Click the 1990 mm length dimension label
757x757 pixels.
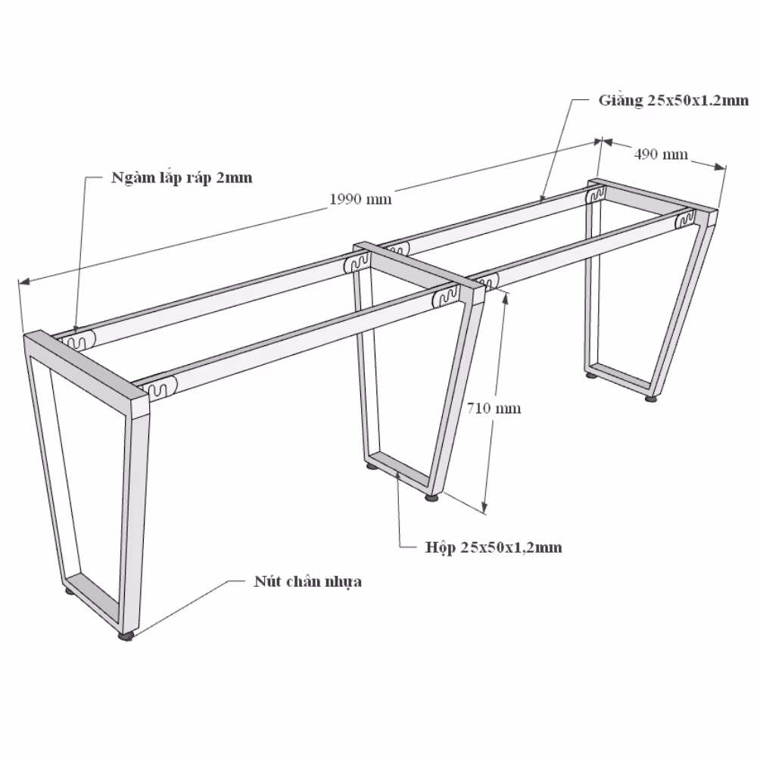360,199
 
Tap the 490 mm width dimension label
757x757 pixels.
660,154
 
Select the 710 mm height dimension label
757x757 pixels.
494,409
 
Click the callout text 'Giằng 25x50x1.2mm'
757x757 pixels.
674,101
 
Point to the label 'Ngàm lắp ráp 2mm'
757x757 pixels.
182,178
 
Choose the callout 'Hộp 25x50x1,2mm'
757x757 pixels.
494,547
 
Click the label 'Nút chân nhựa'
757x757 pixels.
307,581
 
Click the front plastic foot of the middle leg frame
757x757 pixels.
431,497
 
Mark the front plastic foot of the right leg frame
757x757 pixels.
652,399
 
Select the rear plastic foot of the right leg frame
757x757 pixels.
591,374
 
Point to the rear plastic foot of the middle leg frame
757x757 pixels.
372,466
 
